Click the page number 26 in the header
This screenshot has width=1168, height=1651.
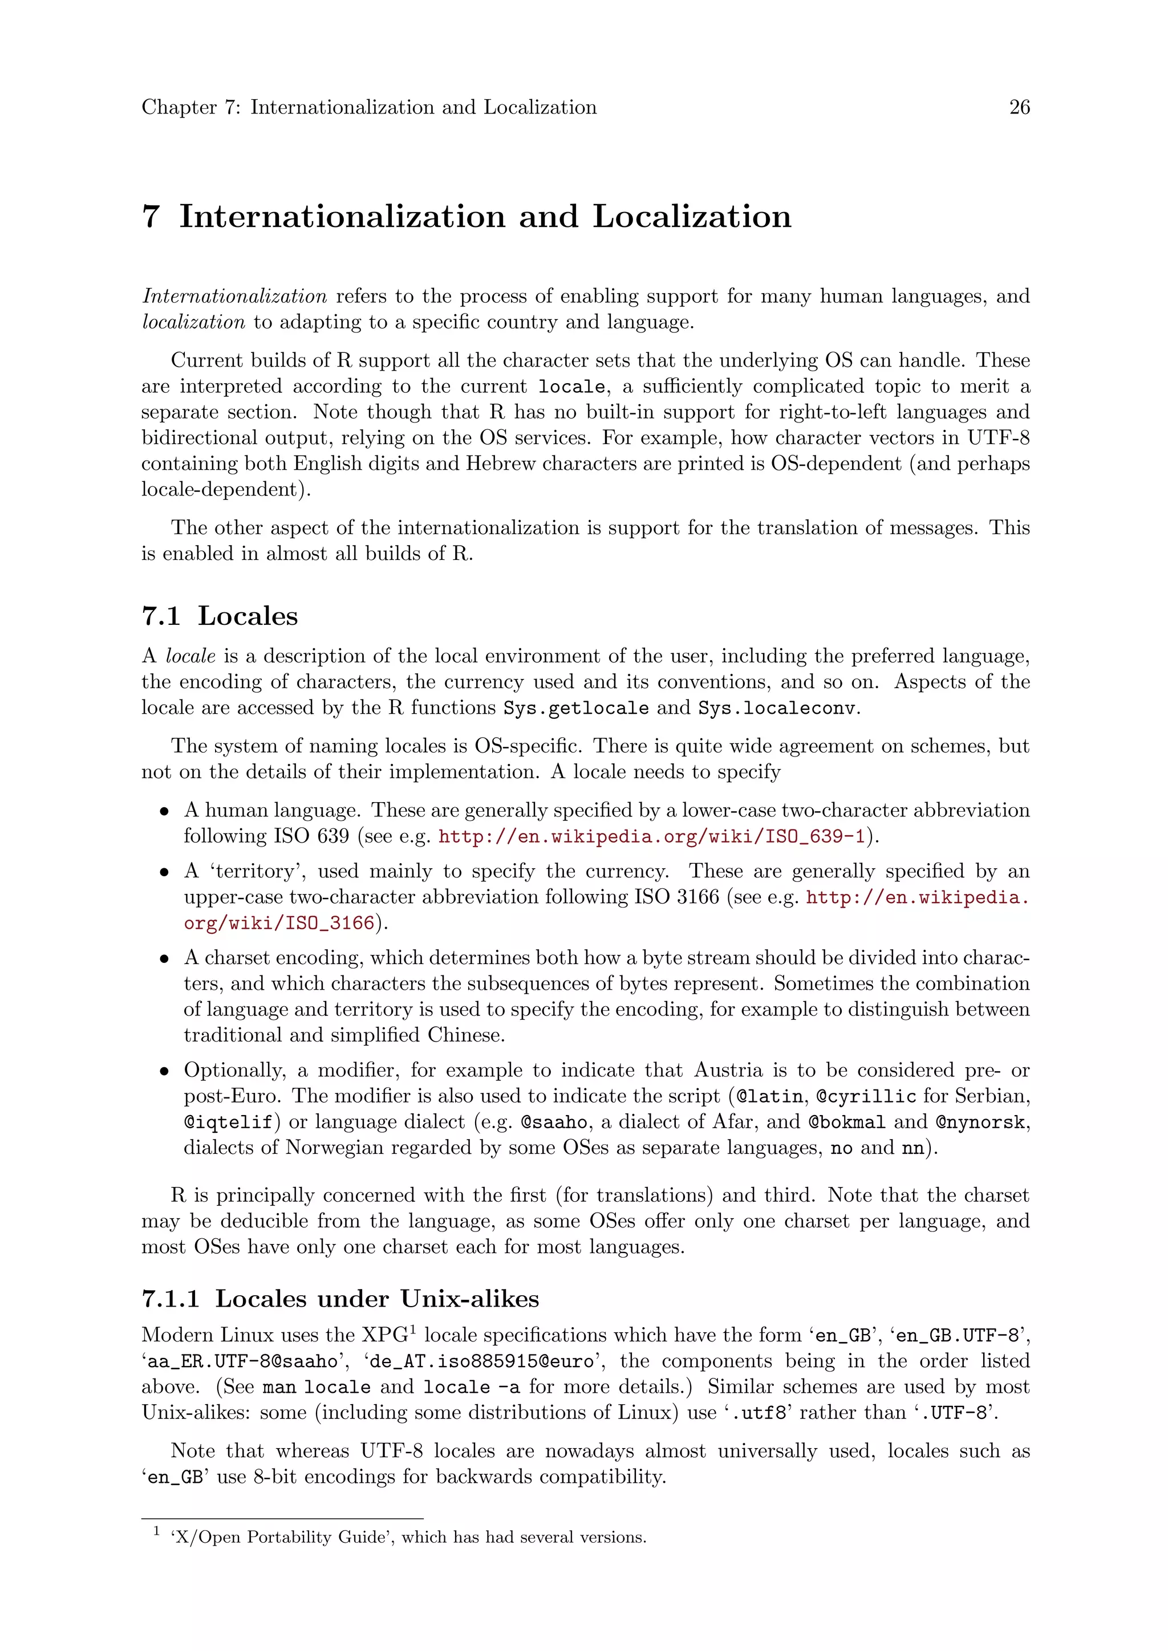point(1019,107)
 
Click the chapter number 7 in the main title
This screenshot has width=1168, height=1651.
point(151,217)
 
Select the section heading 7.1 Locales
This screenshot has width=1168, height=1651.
point(220,616)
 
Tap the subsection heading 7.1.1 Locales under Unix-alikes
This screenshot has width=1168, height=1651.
point(340,1299)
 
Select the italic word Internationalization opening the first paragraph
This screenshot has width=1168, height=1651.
point(234,296)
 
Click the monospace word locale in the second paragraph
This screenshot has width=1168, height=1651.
point(572,387)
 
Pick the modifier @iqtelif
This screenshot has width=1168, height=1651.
point(228,1123)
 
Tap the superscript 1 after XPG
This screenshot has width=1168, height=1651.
point(413,1329)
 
